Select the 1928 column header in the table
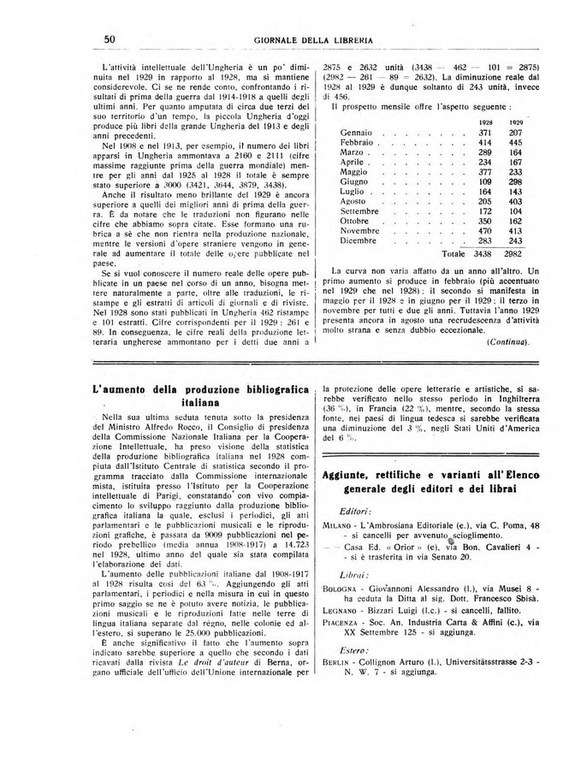click(485, 123)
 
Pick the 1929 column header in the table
click(516, 123)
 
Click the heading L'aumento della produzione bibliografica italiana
click(202, 394)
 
